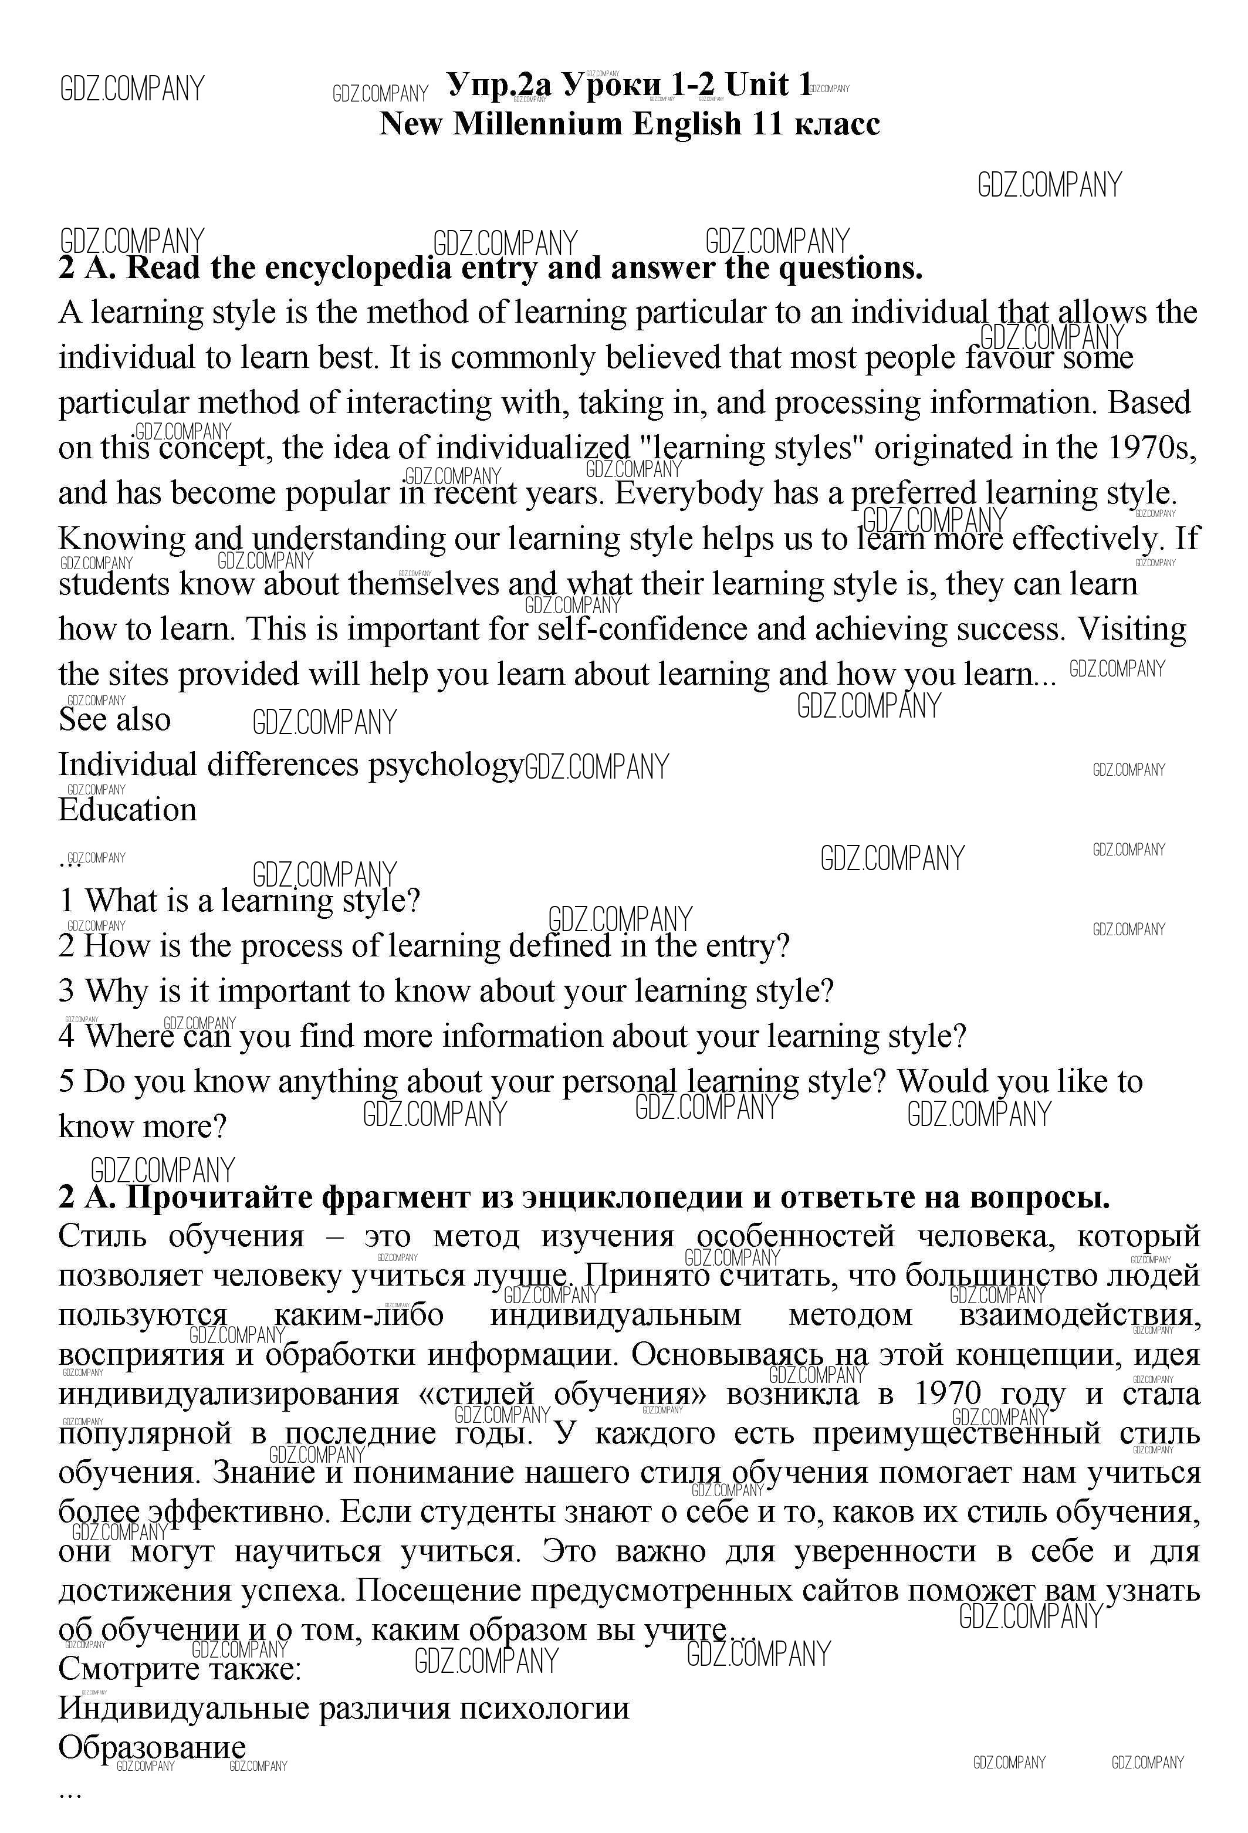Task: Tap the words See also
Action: (x=114, y=720)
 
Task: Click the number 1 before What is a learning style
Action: (x=66, y=901)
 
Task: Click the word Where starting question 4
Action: (x=128, y=1036)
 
